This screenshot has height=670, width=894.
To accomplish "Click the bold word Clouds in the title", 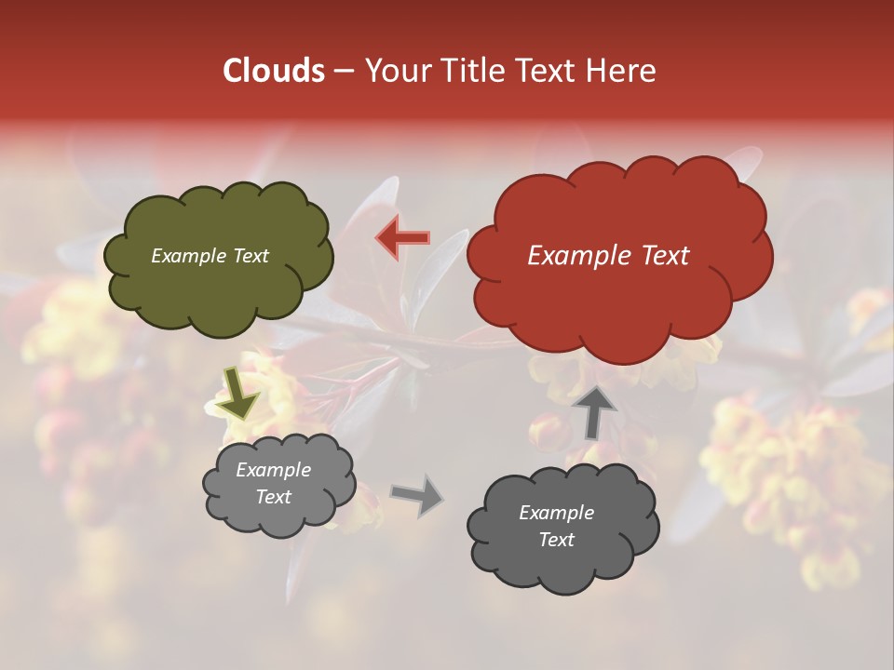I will click(274, 71).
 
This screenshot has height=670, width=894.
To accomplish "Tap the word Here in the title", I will click(621, 71).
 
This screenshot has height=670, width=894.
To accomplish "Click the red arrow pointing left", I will click(402, 238).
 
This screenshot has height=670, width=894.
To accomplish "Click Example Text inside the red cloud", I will click(608, 256).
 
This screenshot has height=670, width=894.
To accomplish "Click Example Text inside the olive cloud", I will click(210, 256).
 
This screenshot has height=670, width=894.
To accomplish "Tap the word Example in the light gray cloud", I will click(273, 470).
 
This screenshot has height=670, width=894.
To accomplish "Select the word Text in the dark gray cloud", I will click(556, 540).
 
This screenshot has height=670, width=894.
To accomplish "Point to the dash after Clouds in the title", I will click(344, 72).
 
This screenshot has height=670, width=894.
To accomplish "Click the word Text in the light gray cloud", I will click(273, 497).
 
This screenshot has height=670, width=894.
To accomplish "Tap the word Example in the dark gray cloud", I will click(556, 513).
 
